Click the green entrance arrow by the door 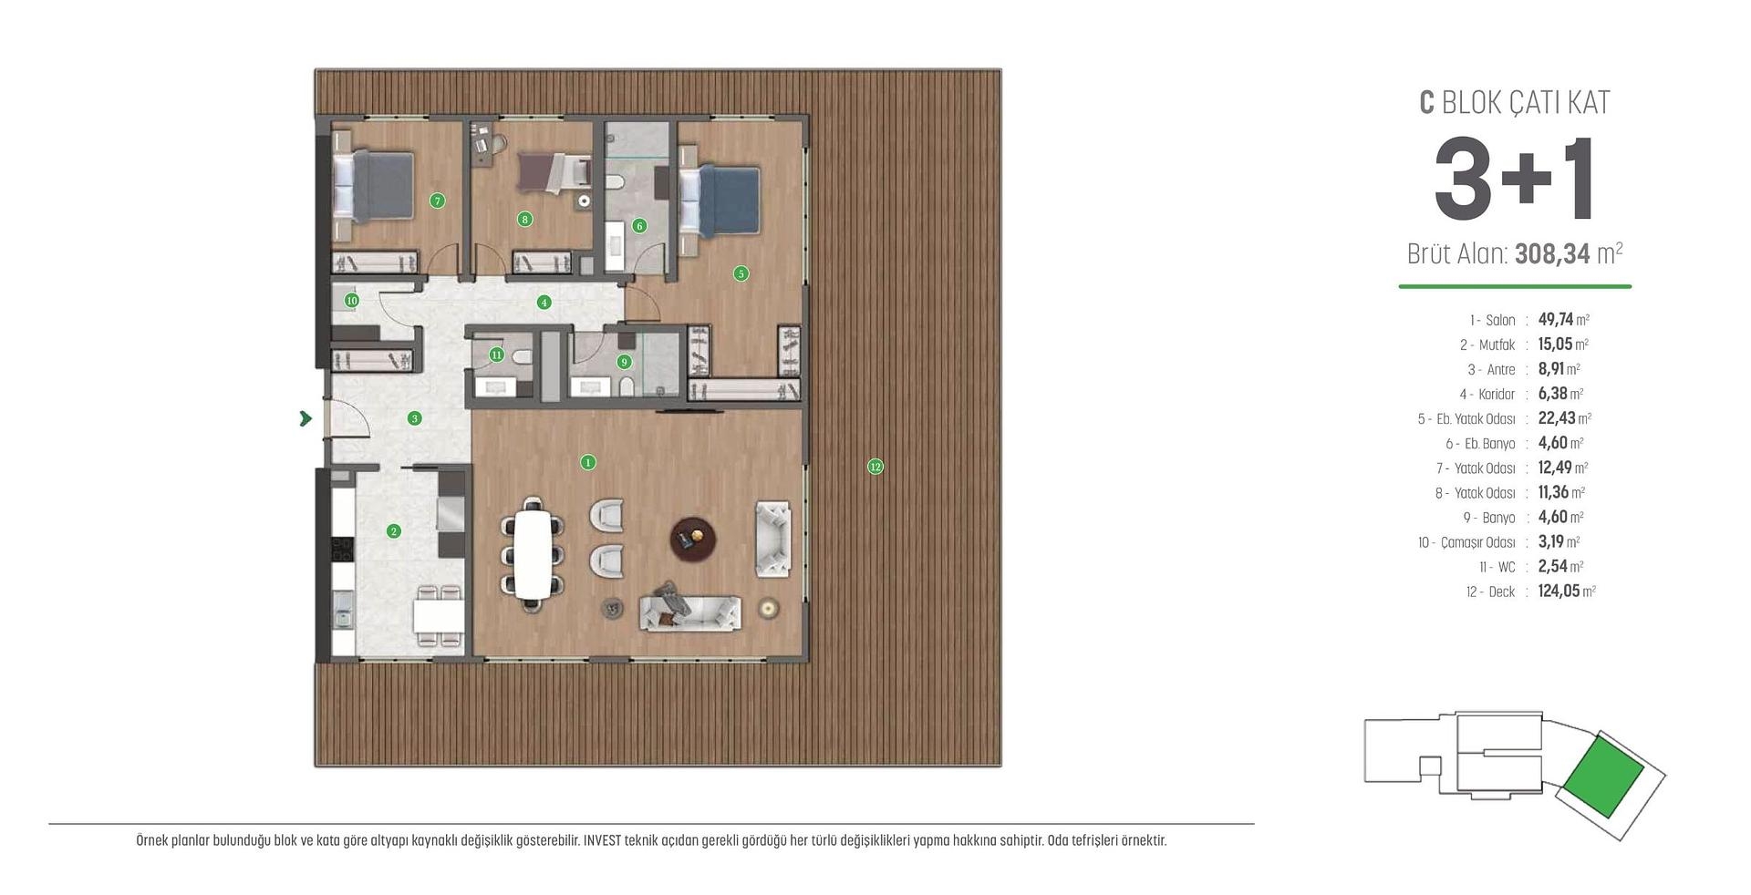(x=306, y=418)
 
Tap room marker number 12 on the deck (x=875, y=467)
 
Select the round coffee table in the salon (x=693, y=540)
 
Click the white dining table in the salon (x=533, y=553)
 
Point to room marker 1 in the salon (x=588, y=462)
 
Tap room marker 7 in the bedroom (x=438, y=201)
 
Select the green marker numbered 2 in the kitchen (x=394, y=530)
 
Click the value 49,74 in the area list (x=1556, y=319)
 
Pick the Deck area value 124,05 (x=1559, y=591)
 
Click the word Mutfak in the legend (x=1497, y=345)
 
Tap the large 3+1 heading (x=1514, y=180)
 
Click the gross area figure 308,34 (x=1552, y=253)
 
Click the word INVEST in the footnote (x=602, y=840)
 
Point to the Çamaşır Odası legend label (x=1477, y=542)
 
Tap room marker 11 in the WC (x=497, y=355)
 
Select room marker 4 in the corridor (x=544, y=302)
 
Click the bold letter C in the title (x=1427, y=102)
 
